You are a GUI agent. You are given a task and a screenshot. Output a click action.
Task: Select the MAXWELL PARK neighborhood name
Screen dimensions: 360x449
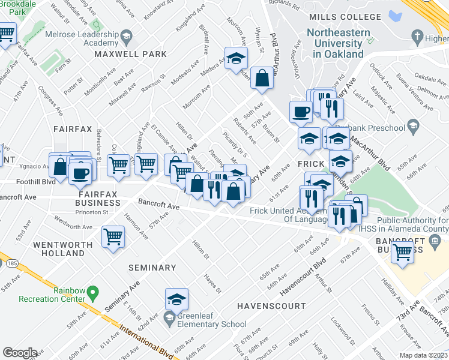coord(130,54)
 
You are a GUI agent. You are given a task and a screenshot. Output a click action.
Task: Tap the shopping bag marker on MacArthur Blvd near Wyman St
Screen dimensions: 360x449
coord(262,78)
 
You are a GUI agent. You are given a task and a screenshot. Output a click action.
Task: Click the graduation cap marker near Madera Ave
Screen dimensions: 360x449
coord(237,59)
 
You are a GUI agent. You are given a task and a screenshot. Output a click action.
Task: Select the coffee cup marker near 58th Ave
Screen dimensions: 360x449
coord(301,112)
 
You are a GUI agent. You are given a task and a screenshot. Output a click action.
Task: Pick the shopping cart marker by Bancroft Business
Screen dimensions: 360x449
coord(402,251)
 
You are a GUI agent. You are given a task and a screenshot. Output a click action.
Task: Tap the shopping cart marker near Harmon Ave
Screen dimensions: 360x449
coord(113,238)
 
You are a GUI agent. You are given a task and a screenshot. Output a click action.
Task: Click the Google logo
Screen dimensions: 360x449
coord(20,353)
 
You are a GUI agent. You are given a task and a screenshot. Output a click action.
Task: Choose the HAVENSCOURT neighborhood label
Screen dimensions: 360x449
coord(264,306)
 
